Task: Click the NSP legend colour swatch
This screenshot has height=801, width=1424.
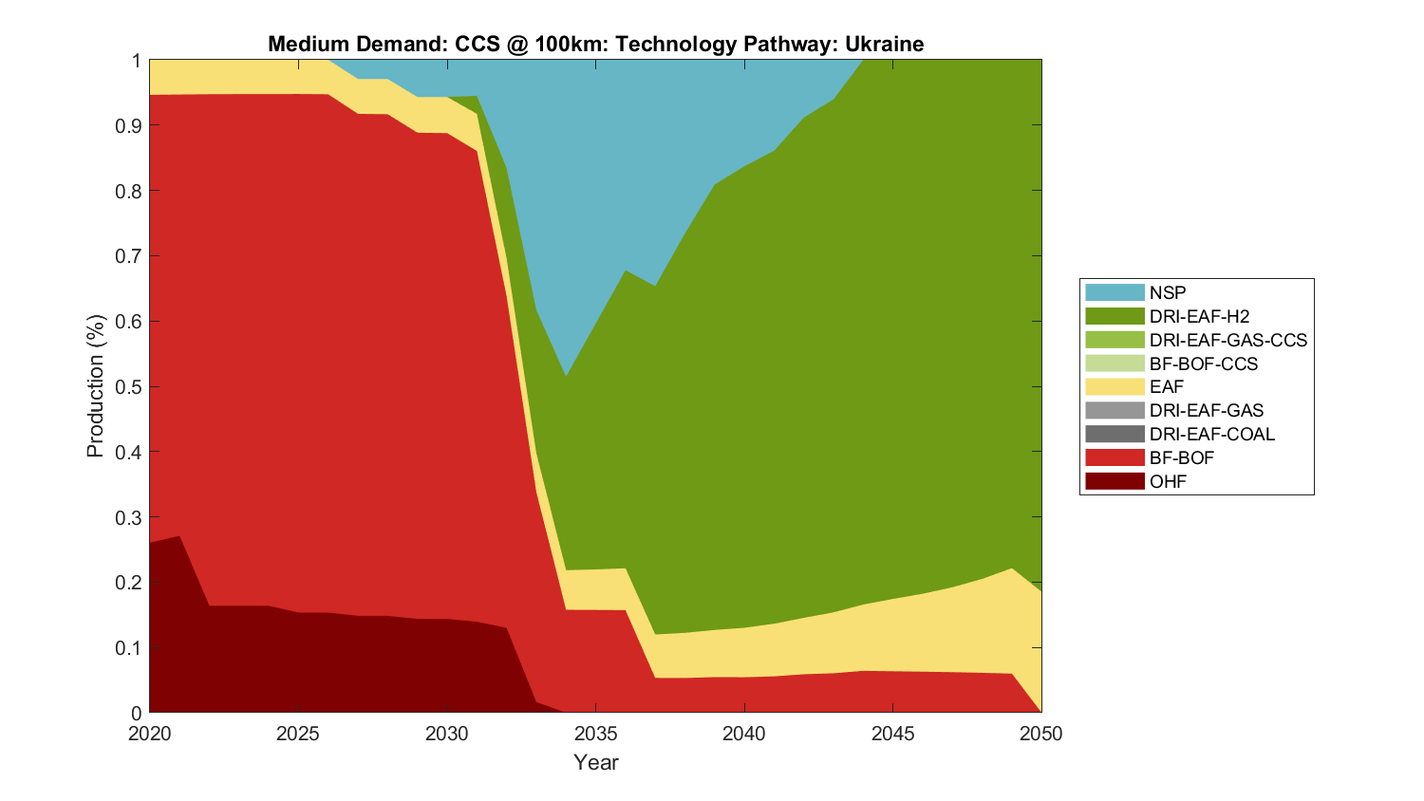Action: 1115,292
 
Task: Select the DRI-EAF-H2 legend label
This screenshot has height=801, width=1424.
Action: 1199,316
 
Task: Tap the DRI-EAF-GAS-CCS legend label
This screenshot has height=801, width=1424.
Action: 1227,340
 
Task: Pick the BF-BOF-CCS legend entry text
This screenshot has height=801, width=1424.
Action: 1203,363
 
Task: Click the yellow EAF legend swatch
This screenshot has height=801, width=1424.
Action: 1115,386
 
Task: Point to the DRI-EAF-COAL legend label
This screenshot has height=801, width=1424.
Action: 1211,434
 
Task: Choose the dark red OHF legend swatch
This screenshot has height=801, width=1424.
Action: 1115,481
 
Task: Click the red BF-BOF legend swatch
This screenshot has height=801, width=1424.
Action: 1115,457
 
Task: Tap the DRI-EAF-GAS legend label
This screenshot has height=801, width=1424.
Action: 1206,410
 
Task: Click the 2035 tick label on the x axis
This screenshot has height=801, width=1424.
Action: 595,734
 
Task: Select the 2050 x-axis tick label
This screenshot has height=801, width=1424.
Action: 1041,734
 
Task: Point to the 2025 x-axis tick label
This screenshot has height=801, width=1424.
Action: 298,734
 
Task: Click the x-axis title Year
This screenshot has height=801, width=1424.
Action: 595,762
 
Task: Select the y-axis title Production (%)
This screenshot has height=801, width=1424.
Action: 95,386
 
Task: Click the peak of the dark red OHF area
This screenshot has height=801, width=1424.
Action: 179,537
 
